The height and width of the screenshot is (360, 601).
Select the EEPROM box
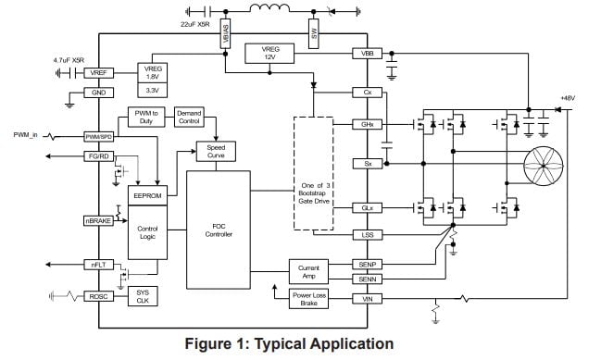[x=146, y=196]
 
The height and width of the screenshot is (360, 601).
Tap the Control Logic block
[x=146, y=230]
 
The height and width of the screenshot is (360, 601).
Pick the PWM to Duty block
[x=144, y=117]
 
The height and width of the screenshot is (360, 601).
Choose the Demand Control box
[x=189, y=117]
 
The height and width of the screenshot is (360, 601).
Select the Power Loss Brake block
[x=309, y=300]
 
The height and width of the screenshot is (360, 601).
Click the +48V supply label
[x=568, y=98]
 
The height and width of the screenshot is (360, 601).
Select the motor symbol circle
[x=544, y=165]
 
